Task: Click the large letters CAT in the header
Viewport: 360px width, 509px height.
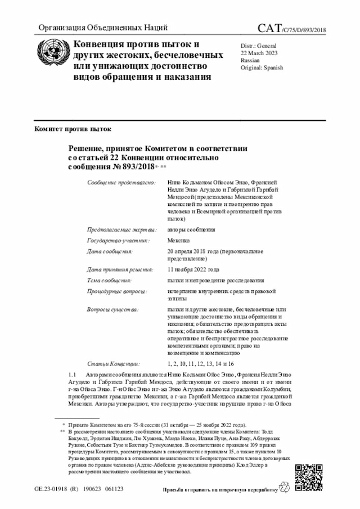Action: [269, 29]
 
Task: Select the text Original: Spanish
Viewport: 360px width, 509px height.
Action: [262, 67]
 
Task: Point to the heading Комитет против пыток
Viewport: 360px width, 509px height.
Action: [73, 129]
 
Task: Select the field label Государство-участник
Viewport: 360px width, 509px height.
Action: [118, 240]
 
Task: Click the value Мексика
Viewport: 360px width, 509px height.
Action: [178, 240]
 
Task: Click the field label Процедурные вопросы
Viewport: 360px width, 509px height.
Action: [117, 291]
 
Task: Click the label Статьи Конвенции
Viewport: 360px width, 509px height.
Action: [114, 364]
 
